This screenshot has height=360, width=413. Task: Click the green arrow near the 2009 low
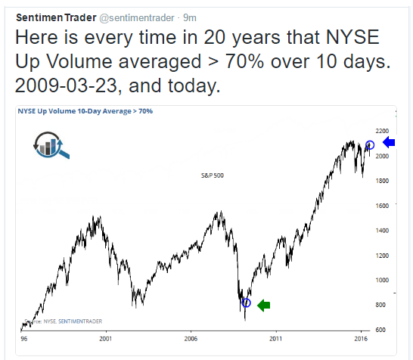pyautogui.click(x=263, y=306)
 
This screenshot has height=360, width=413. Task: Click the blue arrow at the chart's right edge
pyautogui.click(x=389, y=142)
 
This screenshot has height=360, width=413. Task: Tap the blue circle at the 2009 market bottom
pyautogui.click(x=246, y=303)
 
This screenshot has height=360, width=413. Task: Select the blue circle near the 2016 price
pyautogui.click(x=370, y=144)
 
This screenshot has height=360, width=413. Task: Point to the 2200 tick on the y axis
pyautogui.click(x=382, y=131)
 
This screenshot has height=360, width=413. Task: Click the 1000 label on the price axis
pyautogui.click(x=382, y=280)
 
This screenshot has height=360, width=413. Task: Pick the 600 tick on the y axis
pyautogui.click(x=380, y=330)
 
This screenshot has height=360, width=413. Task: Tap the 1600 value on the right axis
pyautogui.click(x=382, y=206)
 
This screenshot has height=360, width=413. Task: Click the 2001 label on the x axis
pyautogui.click(x=106, y=339)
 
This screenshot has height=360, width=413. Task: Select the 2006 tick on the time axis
pyautogui.click(x=191, y=339)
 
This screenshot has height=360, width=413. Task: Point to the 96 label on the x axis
pyautogui.click(x=23, y=339)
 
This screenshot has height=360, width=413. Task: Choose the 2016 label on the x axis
pyautogui.click(x=361, y=339)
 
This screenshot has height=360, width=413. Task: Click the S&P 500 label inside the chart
pyautogui.click(x=213, y=175)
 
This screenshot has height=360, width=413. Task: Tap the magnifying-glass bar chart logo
pyautogui.click(x=51, y=145)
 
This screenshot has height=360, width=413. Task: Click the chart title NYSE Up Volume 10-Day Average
pyautogui.click(x=75, y=111)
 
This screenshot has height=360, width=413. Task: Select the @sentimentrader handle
pyautogui.click(x=137, y=18)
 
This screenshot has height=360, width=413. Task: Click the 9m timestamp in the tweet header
pyautogui.click(x=190, y=18)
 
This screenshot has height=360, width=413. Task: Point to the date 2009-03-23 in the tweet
pyautogui.click(x=66, y=86)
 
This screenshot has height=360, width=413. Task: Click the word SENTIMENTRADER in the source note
pyautogui.click(x=80, y=321)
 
